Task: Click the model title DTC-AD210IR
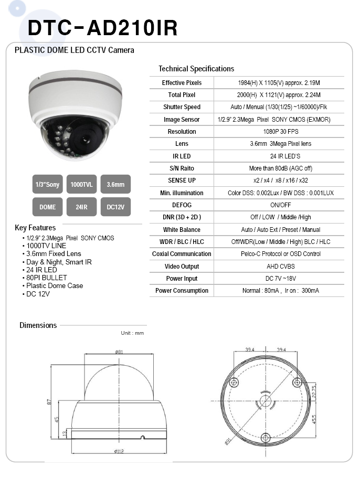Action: tap(102, 28)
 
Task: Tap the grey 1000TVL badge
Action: tap(81, 184)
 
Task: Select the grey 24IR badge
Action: tap(81, 207)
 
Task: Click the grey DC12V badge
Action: tap(115, 207)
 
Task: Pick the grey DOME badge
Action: tap(47, 207)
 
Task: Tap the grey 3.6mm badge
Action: tap(115, 184)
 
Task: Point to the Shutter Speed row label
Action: tap(182, 107)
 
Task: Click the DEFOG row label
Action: tap(182, 205)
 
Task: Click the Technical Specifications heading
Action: tap(196, 69)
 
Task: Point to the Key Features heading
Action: tap(35, 228)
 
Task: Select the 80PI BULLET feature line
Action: tap(47, 278)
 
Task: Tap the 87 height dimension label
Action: tap(48, 402)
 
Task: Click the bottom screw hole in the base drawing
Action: tap(266, 437)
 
